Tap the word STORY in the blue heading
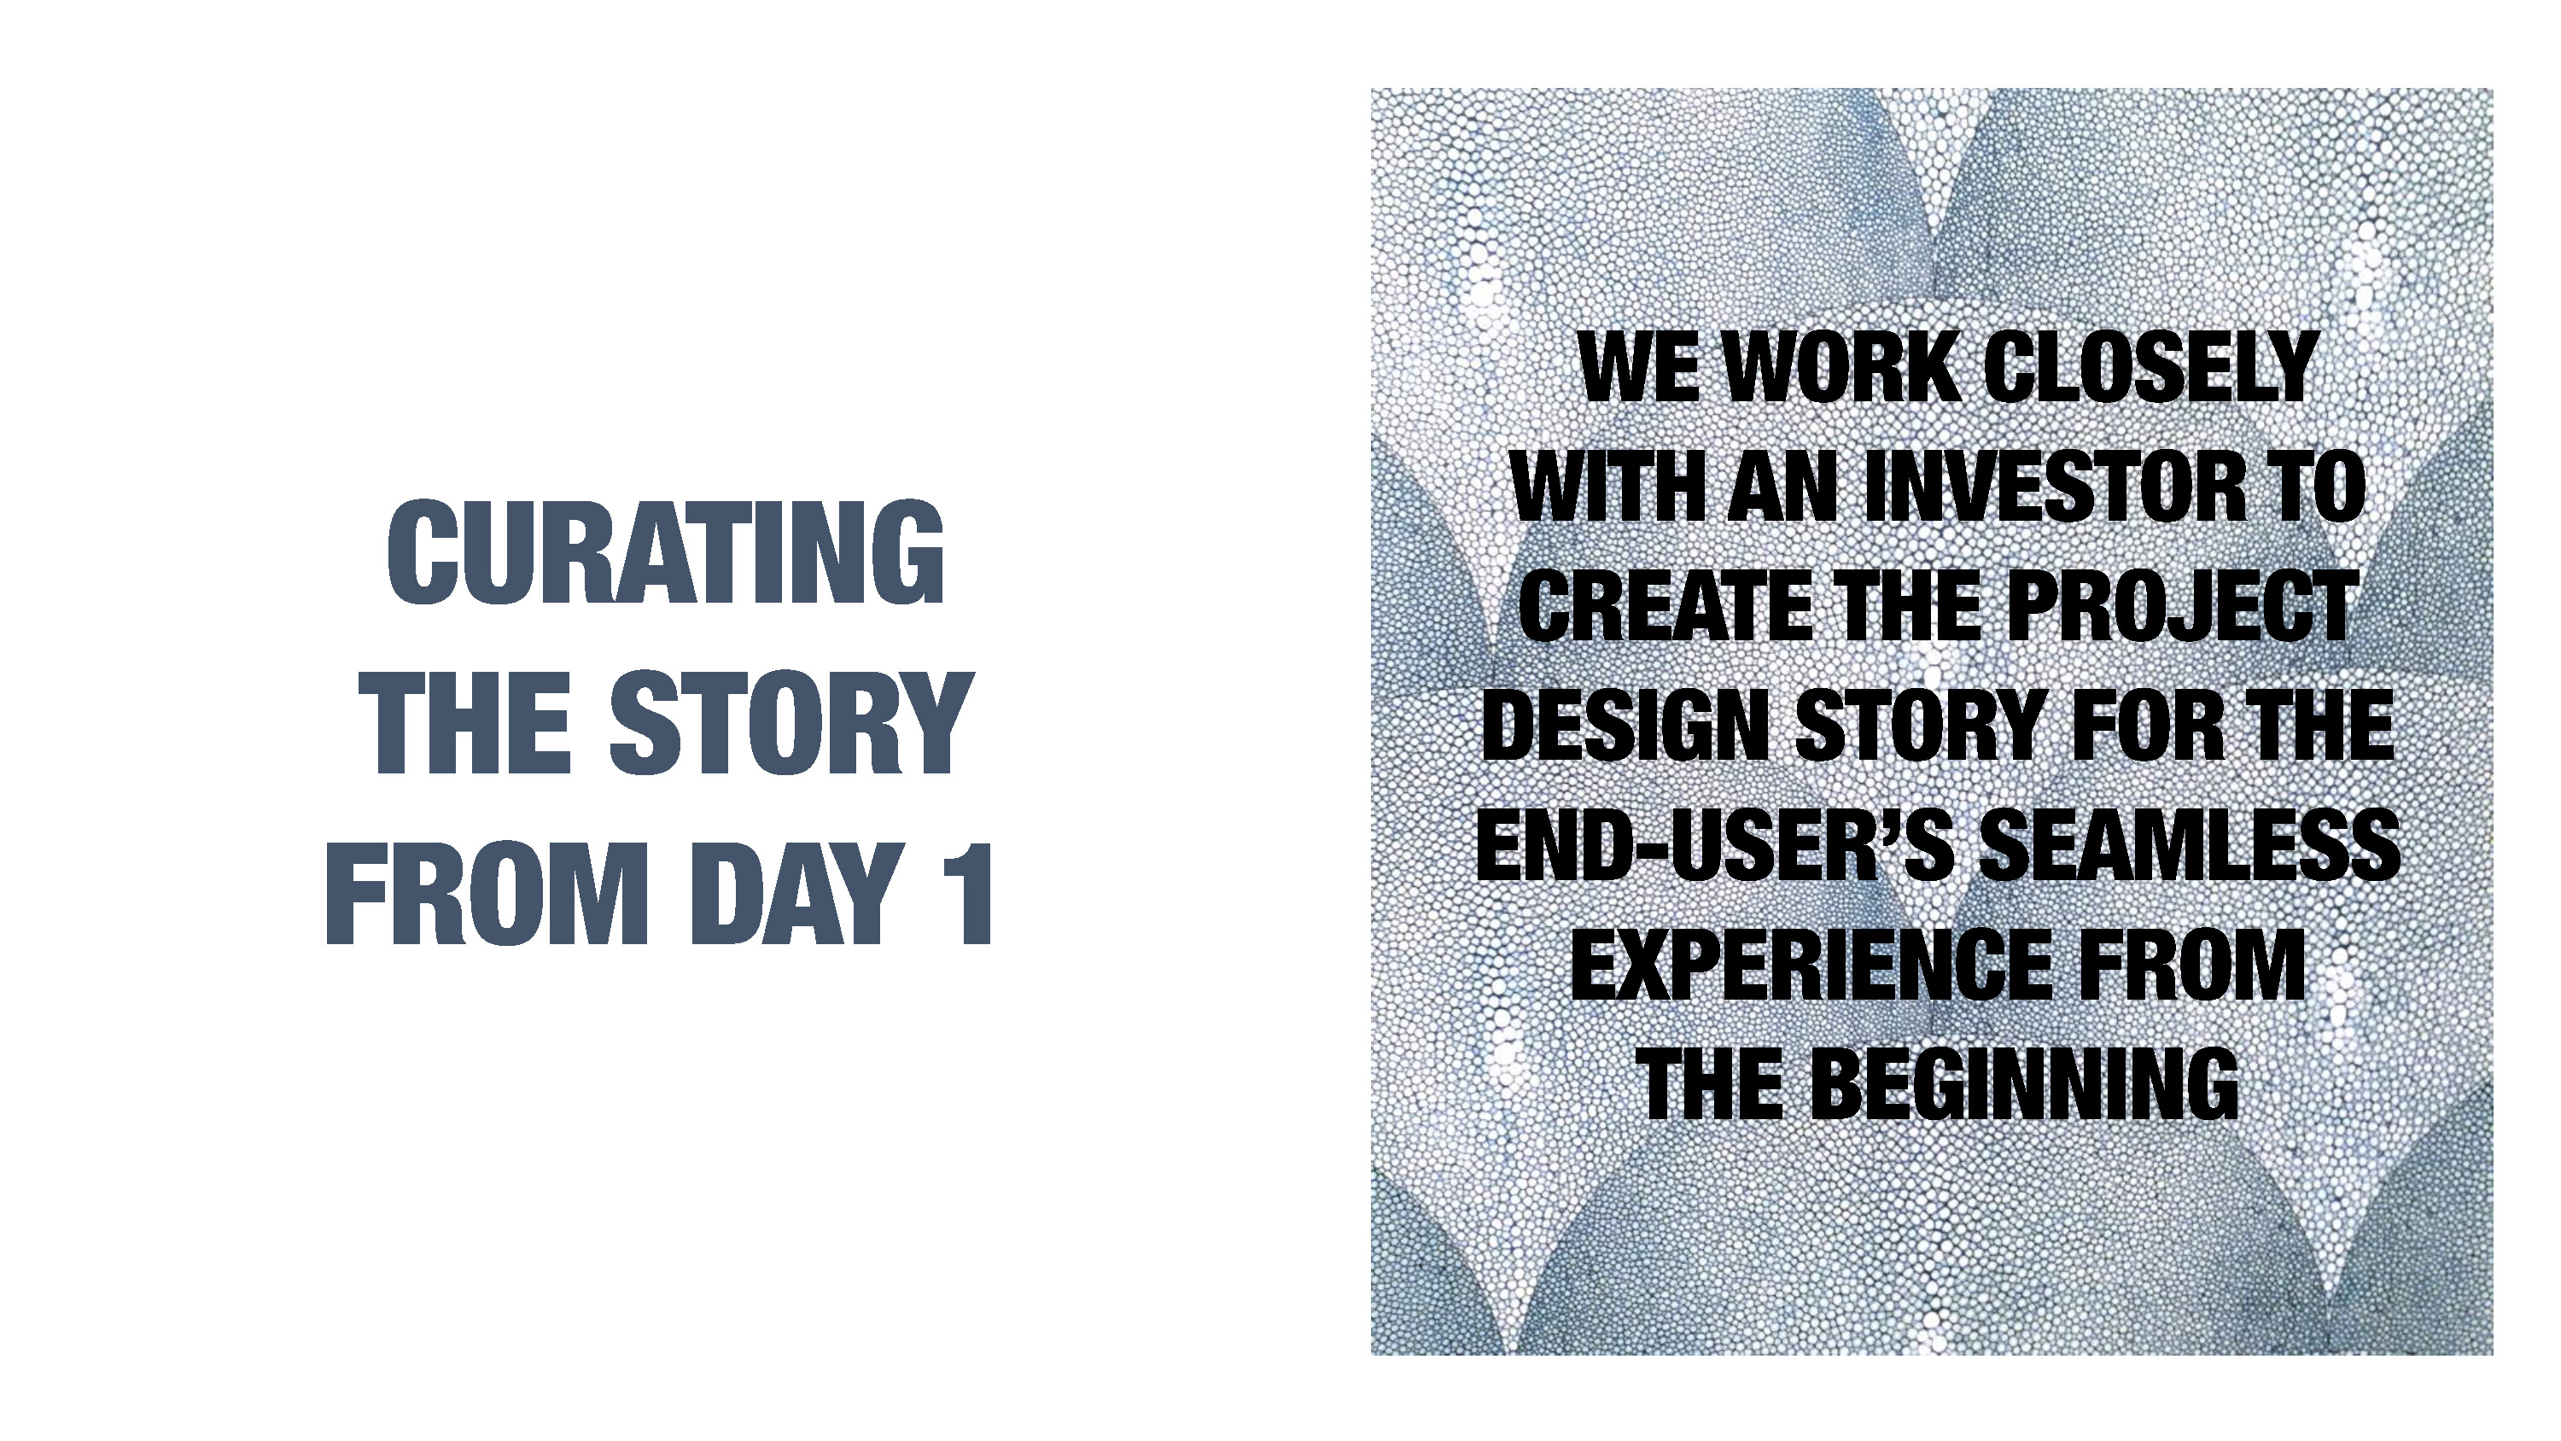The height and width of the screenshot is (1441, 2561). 790,723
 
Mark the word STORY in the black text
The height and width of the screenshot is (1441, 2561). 1920,725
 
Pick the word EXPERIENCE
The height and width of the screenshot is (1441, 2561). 1810,964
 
